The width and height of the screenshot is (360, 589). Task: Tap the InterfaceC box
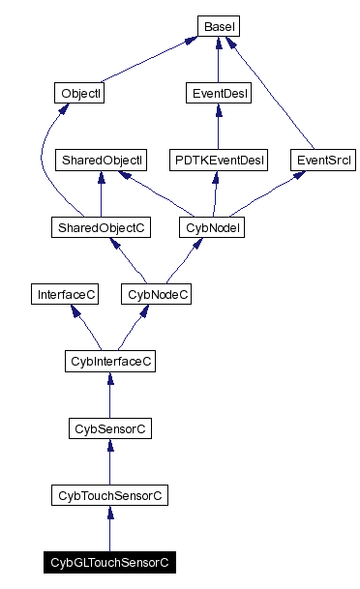[x=64, y=294]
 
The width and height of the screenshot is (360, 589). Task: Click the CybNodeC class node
[x=155, y=294]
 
